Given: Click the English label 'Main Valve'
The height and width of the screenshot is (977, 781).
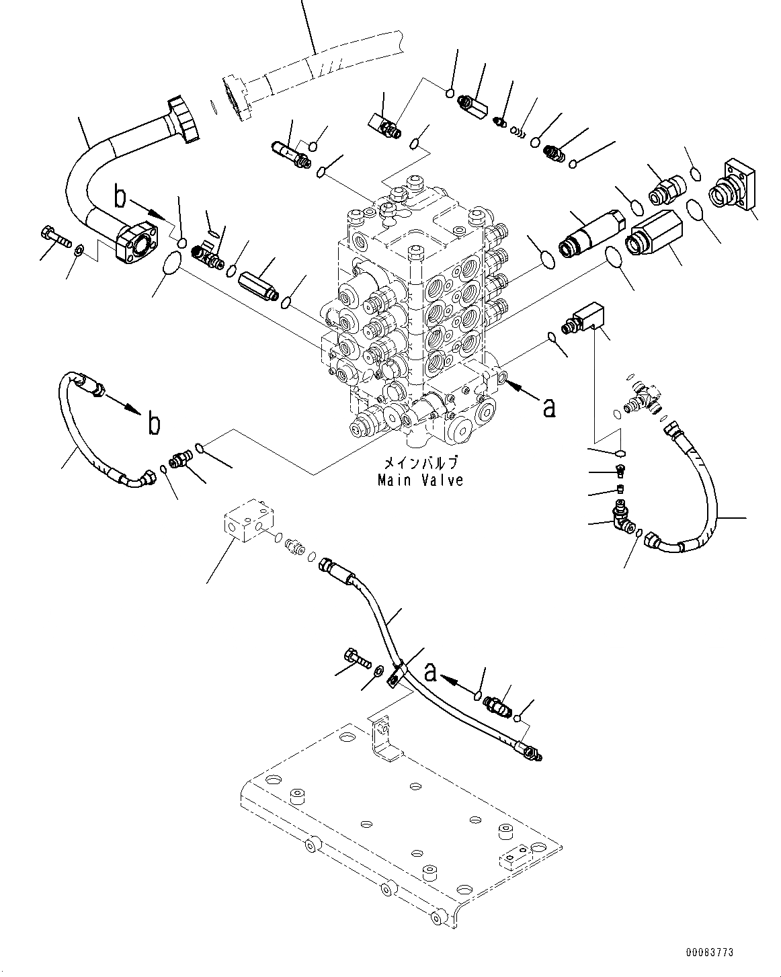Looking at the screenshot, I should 420,480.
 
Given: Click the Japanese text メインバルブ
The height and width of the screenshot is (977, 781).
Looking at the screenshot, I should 420,464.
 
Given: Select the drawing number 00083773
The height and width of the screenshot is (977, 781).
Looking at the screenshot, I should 710,952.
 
